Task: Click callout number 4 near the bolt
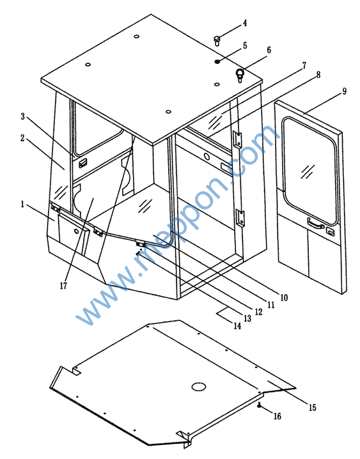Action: point(245,23)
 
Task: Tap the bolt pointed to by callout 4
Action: point(217,40)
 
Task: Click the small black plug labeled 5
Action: point(217,61)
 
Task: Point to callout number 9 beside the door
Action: point(344,91)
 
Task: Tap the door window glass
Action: point(309,171)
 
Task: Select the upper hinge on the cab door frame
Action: point(238,139)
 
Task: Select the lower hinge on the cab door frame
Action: point(240,218)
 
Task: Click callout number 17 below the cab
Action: point(63,285)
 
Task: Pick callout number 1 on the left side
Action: point(22,204)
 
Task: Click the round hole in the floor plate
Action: point(199,387)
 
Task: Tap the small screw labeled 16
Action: point(259,405)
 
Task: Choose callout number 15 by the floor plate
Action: point(312,407)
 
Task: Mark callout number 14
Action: point(237,326)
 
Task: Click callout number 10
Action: point(284,298)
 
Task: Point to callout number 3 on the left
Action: point(23,116)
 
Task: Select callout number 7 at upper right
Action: point(304,65)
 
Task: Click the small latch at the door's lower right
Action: point(330,231)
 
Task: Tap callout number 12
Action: point(258,312)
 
